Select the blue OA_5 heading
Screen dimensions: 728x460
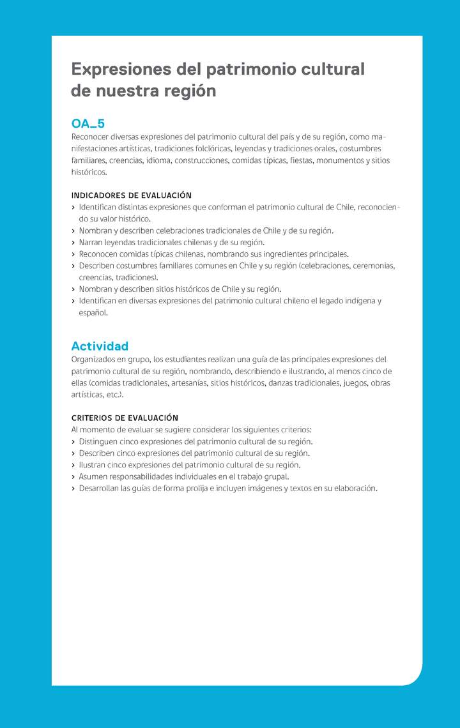point(88,123)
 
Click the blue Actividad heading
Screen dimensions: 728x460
point(100,346)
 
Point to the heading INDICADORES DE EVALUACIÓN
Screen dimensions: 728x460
point(131,195)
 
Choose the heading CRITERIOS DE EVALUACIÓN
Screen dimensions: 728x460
point(125,418)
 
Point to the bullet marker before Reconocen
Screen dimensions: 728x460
point(73,254)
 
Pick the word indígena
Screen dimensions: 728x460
point(355,301)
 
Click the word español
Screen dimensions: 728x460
point(93,313)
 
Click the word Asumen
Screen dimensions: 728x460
point(94,476)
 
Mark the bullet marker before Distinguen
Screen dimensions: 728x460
point(73,442)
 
